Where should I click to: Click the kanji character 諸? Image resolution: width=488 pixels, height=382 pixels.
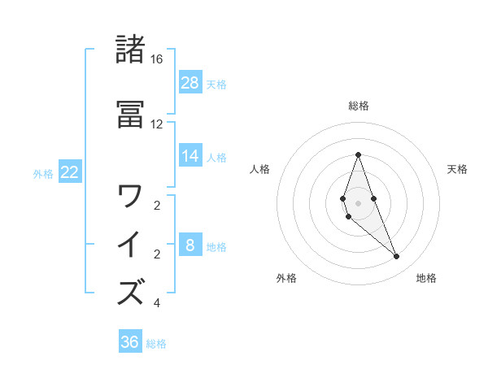coord(131,50)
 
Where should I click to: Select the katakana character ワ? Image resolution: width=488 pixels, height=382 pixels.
coord(131,196)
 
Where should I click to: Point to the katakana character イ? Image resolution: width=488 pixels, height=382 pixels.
coord(131,245)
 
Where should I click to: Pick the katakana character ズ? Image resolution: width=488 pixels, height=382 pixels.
coord(131,292)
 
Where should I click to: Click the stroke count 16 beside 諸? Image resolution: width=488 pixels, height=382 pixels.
coord(157,59)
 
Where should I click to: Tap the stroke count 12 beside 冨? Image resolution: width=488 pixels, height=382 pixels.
coord(157,124)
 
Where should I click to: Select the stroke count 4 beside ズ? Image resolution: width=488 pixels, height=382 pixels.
coord(157,303)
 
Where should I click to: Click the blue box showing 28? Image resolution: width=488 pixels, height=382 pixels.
coord(190,82)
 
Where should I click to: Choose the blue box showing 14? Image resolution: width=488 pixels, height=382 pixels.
coord(190,155)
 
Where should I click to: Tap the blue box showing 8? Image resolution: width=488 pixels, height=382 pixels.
coord(190,245)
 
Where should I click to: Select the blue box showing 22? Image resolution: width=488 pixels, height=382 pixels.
coord(69,171)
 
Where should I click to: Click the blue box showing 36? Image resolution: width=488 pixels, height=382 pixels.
coord(129,342)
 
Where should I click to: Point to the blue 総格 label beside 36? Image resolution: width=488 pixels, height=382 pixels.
coord(156,344)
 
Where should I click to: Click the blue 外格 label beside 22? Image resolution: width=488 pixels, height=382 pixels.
coord(43,173)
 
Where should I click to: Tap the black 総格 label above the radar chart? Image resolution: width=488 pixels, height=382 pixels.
coord(358,106)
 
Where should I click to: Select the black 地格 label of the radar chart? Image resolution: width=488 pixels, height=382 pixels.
coord(426,278)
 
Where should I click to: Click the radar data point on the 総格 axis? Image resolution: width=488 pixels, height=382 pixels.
coord(358,154)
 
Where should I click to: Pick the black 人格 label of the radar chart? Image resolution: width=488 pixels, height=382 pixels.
coord(259,169)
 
